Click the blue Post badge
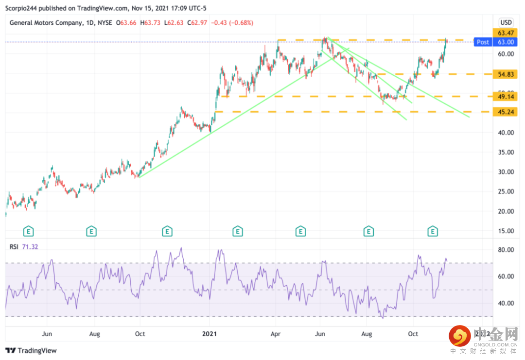pos(483,42)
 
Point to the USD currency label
pos(506,22)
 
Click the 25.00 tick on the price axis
pos(506,191)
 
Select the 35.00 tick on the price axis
pos(506,152)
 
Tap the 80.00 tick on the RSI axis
pos(506,250)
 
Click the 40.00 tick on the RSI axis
pos(506,303)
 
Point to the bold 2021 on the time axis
pos(210,334)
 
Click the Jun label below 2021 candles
pos(320,334)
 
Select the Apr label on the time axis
pos(275,334)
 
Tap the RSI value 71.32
pos(30,247)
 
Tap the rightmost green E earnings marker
pos(432,231)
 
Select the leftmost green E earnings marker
pos(30,231)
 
